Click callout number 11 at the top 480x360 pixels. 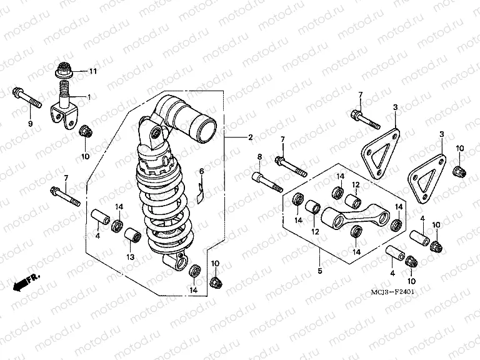tap(92, 72)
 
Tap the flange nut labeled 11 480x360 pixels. tap(64, 69)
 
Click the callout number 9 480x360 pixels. tap(29, 124)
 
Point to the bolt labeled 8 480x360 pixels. tap(267, 180)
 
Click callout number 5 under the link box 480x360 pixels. tap(319, 271)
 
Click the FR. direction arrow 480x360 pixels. tap(25, 281)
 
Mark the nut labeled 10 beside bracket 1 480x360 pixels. tap(85, 132)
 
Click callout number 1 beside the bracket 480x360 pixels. tap(89, 97)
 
